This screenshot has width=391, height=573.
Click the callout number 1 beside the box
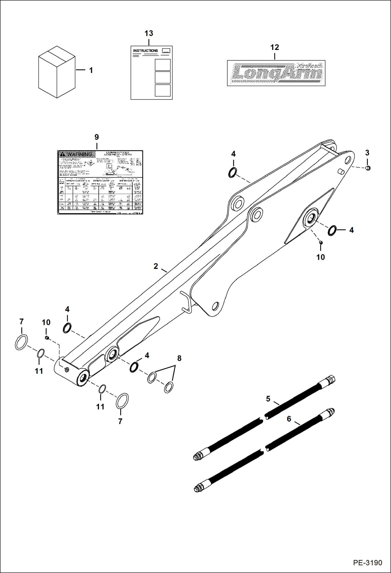tap(91, 70)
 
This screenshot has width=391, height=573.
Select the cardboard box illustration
tap(57, 72)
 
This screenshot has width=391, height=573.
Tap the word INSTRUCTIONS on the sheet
tap(145, 51)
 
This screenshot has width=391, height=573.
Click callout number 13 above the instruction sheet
tap(149, 33)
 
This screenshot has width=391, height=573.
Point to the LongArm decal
tap(276, 73)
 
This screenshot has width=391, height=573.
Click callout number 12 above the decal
tap(275, 47)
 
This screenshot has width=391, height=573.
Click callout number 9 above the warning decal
tap(97, 137)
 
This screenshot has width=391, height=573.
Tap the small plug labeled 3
tap(368, 168)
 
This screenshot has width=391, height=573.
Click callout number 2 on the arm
tap(156, 266)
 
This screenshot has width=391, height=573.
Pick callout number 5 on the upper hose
tap(268, 399)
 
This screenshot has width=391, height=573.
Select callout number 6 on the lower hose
tap(289, 419)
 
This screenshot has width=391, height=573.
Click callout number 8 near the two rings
tap(179, 358)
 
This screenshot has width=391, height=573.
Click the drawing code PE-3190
tap(368, 563)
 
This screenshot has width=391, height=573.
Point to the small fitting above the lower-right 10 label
tap(321, 242)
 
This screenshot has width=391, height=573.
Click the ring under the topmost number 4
tap(232, 173)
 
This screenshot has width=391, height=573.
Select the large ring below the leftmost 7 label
tap(21, 342)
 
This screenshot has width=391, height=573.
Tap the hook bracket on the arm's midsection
tap(187, 302)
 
